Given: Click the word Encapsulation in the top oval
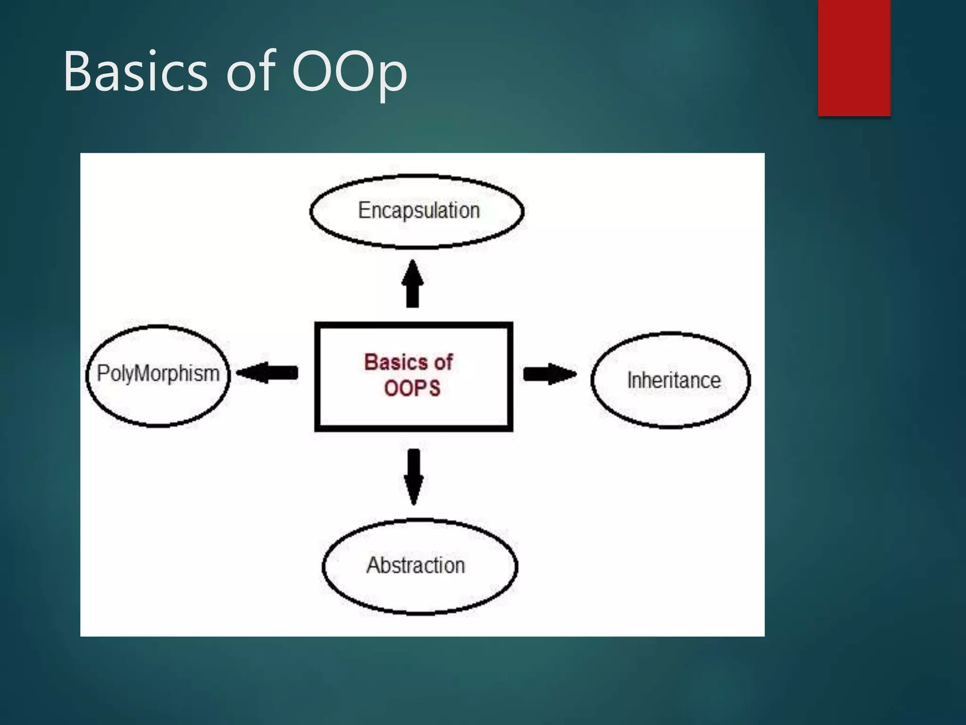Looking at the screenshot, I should point(418,211).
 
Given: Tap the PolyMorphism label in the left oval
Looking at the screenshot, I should point(158,373).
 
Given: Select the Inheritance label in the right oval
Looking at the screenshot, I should point(674,380).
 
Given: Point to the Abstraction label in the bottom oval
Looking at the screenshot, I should point(416,565).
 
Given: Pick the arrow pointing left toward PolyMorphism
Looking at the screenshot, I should point(267,373).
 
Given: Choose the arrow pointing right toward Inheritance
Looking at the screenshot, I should point(550,374).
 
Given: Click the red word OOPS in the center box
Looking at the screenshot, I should point(412,388).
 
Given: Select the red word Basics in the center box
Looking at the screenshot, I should point(396,362).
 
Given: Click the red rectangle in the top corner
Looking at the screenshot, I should point(854,58).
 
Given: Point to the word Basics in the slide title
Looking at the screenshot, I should point(135,72).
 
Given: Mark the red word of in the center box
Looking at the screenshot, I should point(443,362).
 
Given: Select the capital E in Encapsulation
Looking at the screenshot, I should point(363,210).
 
